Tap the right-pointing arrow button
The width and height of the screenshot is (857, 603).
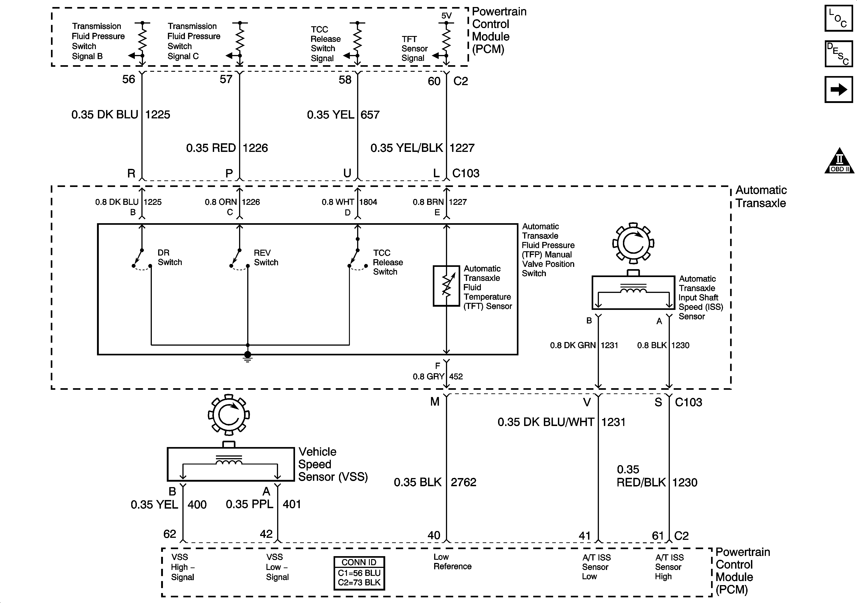pos(839,89)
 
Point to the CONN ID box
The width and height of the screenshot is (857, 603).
pos(359,573)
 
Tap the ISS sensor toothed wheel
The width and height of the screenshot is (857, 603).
pos(633,243)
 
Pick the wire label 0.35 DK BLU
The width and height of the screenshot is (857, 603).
pos(105,115)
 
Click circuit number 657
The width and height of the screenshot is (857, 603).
pos(370,115)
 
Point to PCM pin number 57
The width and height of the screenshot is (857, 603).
pos(226,79)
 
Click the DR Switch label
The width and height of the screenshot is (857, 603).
pos(169,257)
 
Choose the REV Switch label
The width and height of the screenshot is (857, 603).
pos(266,257)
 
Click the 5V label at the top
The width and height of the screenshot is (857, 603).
pos(446,16)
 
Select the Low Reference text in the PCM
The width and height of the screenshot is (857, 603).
pos(452,562)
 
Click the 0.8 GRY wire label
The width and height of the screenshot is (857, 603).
pos(428,377)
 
